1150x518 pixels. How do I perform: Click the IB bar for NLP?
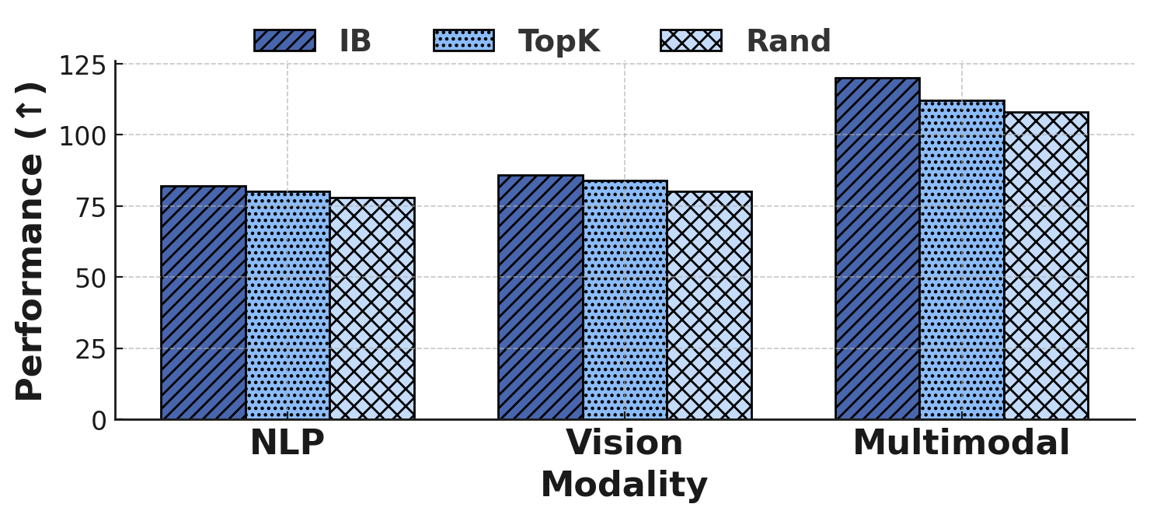(204, 303)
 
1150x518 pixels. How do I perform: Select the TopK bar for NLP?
(287, 306)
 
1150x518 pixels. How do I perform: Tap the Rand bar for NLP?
(371, 309)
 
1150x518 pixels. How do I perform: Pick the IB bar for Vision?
(540, 297)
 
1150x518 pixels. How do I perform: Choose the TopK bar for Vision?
(625, 300)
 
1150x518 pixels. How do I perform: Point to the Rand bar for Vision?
(709, 306)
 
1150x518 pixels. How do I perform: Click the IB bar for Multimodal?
(877, 249)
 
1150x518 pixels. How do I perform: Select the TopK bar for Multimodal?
(962, 260)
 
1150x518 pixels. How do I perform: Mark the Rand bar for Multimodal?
(1046, 266)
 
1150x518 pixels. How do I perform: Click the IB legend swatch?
(284, 40)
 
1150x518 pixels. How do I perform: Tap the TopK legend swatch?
(464, 40)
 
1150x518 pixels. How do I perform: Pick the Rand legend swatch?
(691, 40)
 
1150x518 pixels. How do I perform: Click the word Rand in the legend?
(788, 41)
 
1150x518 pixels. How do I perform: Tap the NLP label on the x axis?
(287, 443)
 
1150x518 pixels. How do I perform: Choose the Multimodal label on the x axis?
(961, 443)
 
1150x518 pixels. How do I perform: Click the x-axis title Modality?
(624, 485)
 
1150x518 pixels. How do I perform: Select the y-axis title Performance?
(31, 241)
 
